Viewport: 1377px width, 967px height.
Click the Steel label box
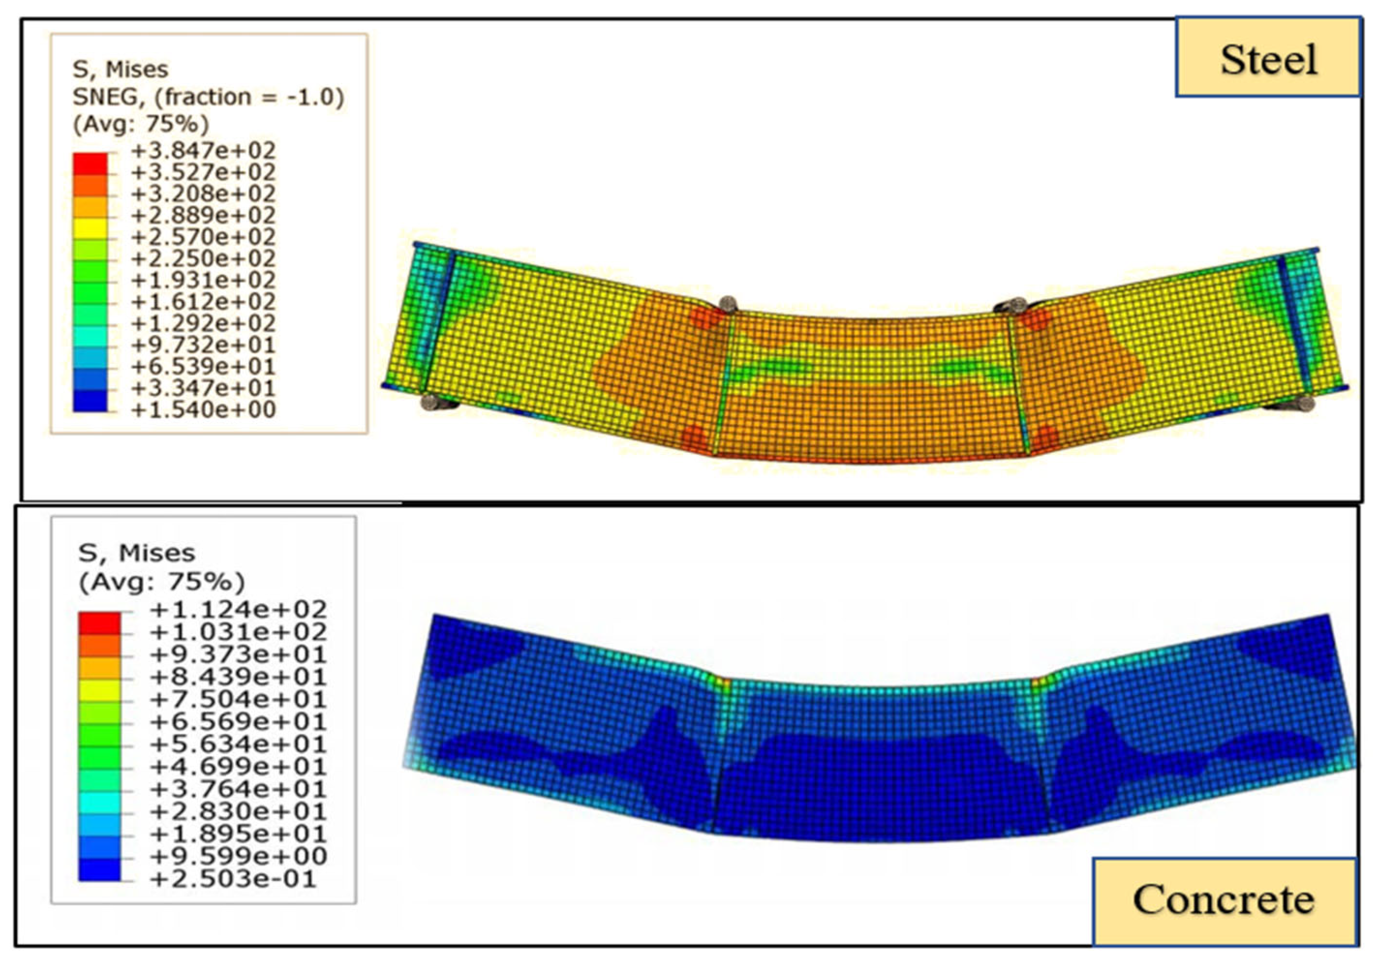point(1267,57)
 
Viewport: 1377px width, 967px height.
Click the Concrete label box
point(1224,901)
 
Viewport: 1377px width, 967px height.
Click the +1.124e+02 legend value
point(239,610)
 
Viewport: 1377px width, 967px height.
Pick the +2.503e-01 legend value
point(233,879)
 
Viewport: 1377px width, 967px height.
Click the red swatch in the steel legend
point(91,164)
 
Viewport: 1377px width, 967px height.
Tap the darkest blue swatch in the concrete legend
point(99,870)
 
